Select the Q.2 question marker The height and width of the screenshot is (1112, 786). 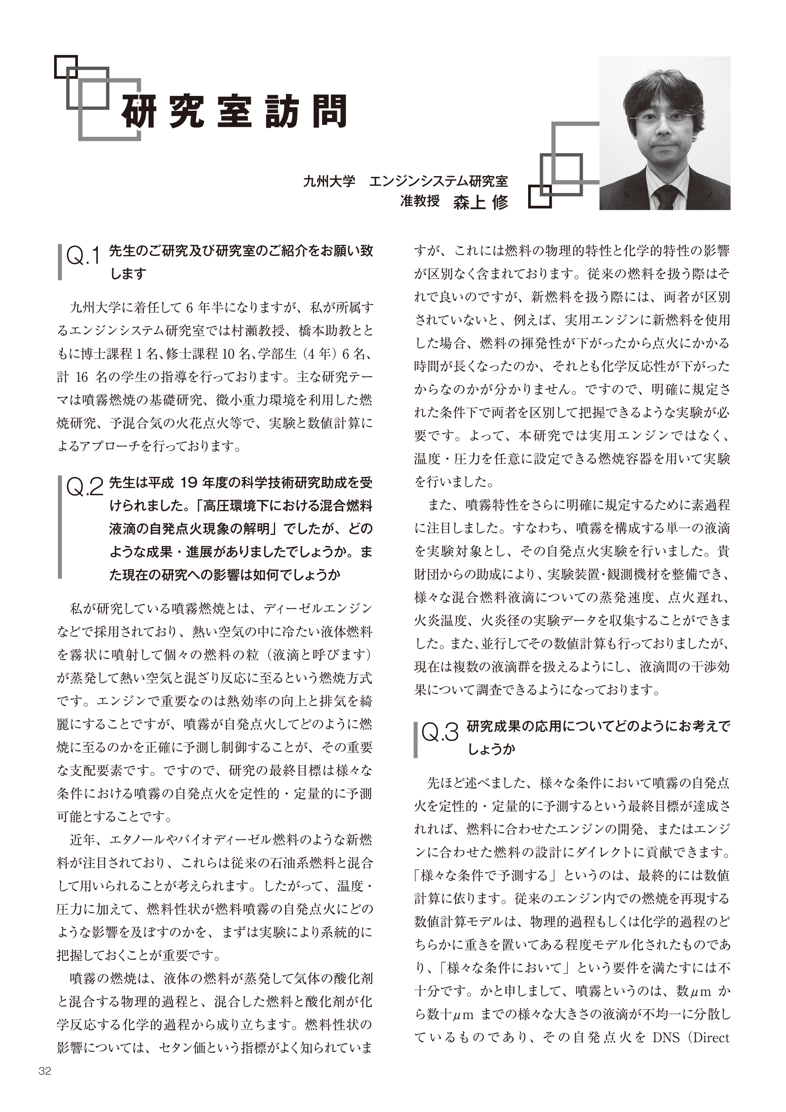[x=84, y=488]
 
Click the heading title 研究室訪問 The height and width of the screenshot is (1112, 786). [x=234, y=111]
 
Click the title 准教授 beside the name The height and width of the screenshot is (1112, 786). [x=419, y=201]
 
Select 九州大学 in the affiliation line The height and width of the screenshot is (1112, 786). [x=329, y=182]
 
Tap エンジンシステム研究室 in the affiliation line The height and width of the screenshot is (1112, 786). [x=438, y=182]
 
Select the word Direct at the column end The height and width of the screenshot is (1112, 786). [x=711, y=1038]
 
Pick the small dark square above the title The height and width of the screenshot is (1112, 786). [x=66, y=66]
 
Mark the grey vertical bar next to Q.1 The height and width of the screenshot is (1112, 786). [x=60, y=262]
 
